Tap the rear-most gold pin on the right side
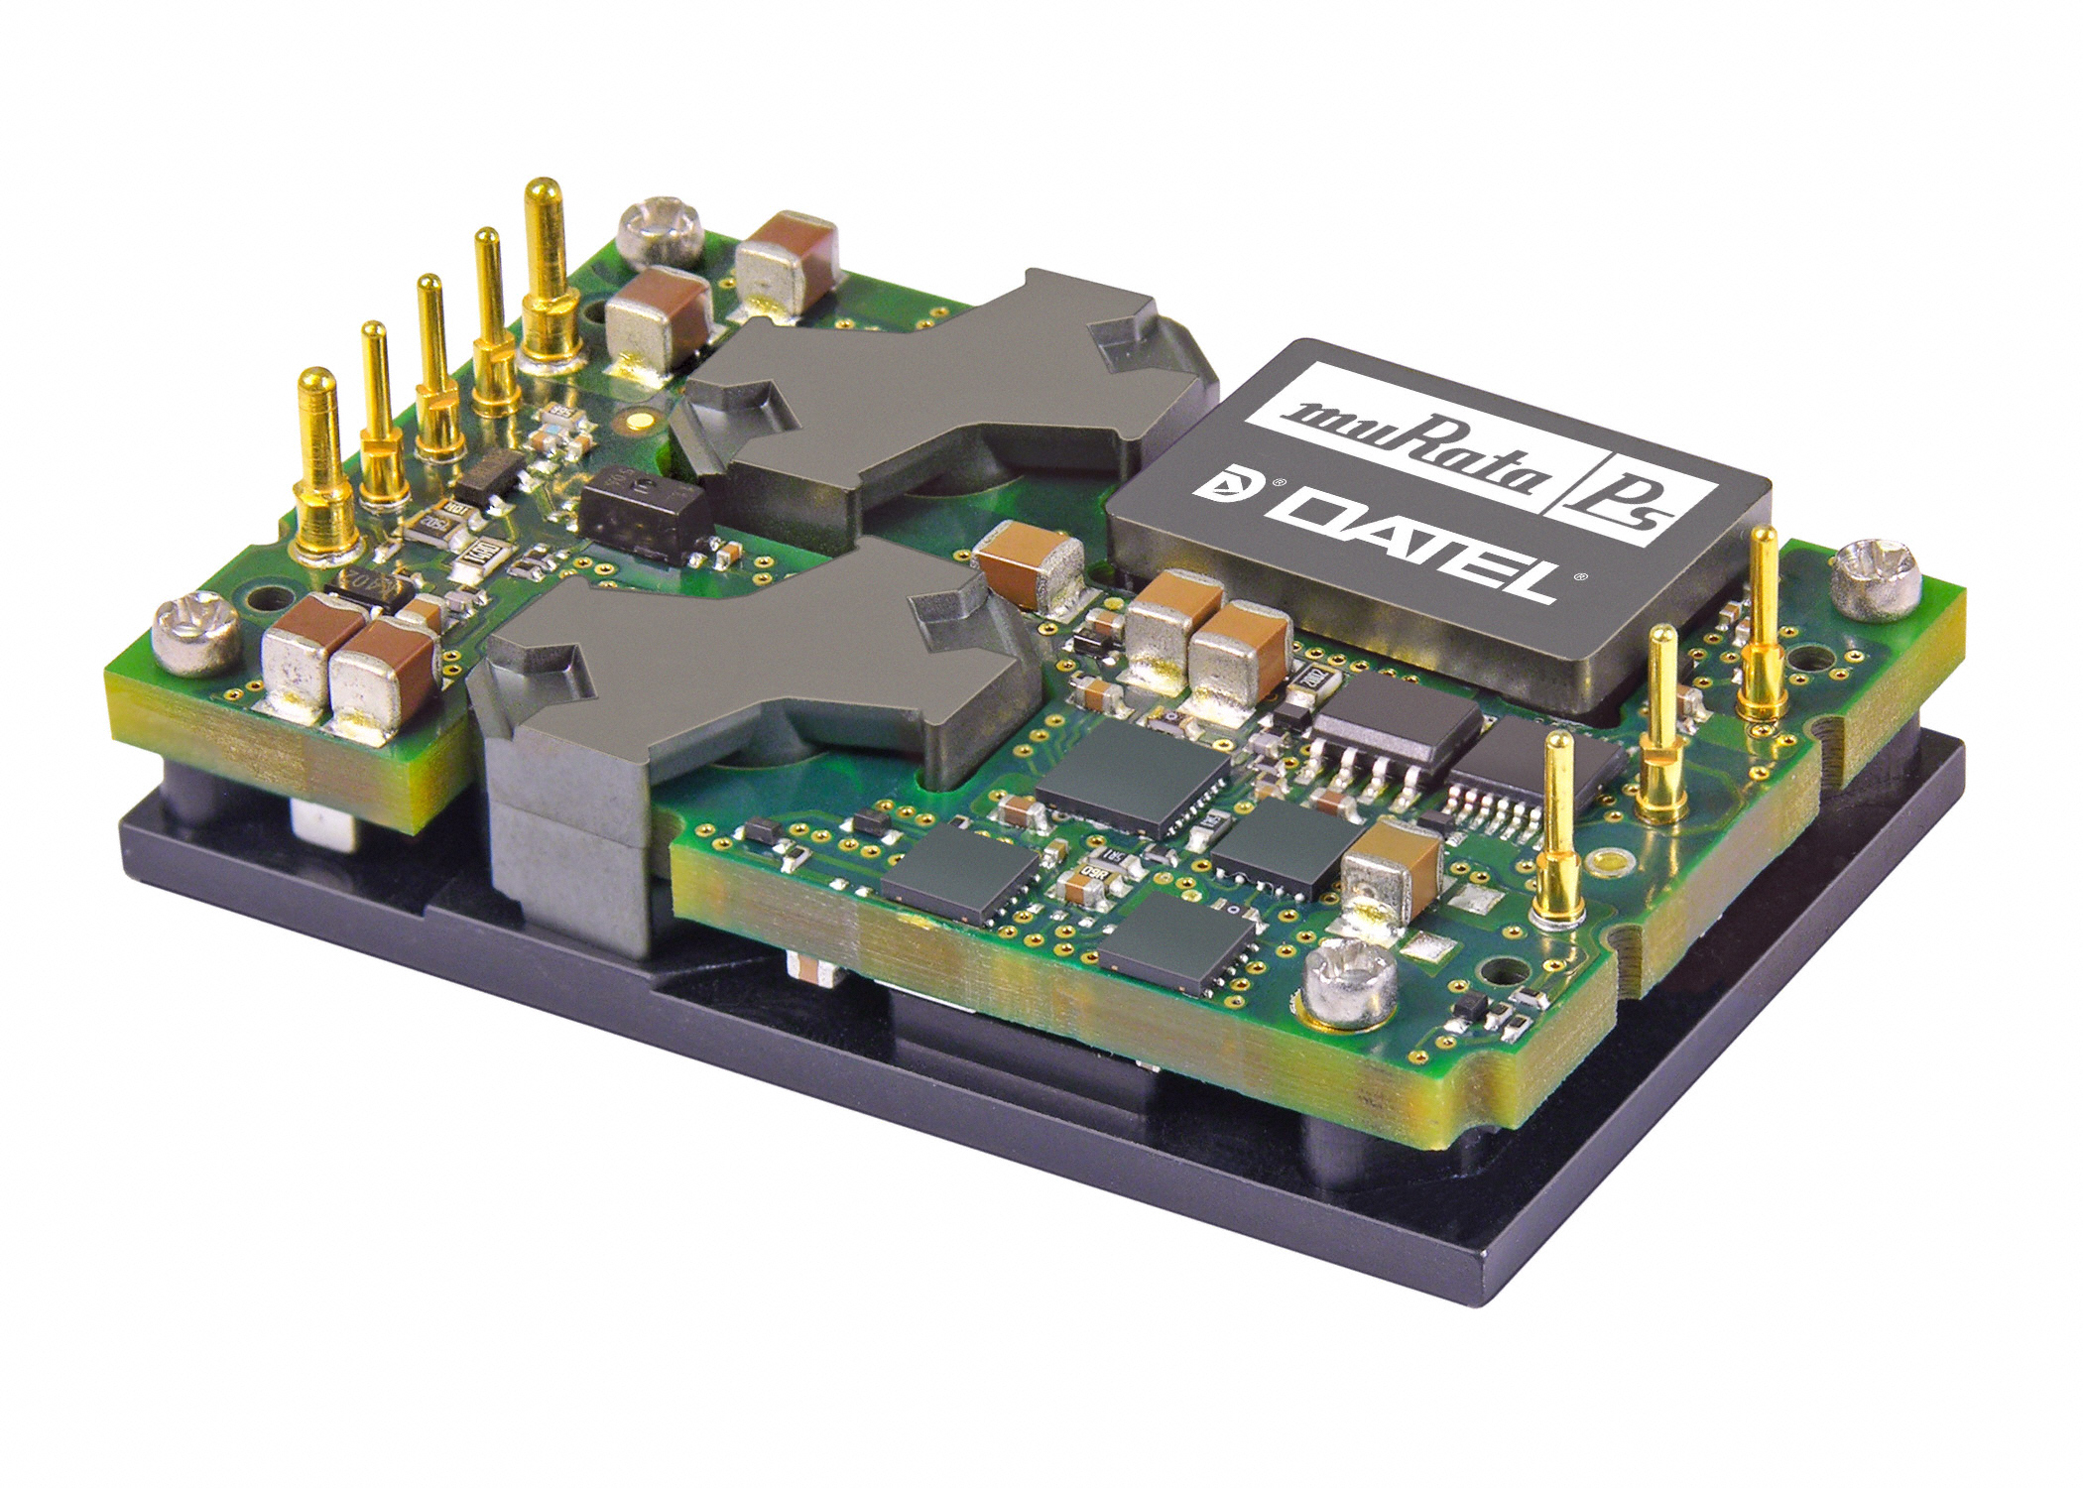pos(1764,615)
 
